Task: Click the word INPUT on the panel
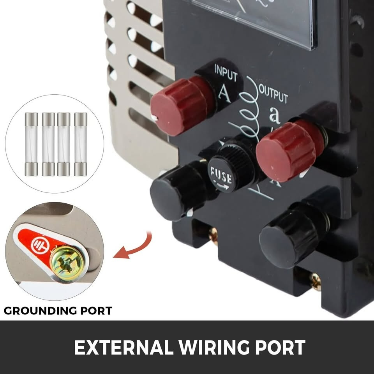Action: (x=226, y=72)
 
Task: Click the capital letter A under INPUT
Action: (x=225, y=93)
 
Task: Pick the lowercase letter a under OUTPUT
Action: (x=275, y=115)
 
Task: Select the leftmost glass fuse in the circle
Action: (x=31, y=144)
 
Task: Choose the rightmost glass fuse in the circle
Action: (x=81, y=144)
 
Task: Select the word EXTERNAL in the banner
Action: (x=124, y=347)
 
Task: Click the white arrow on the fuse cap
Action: (x=222, y=186)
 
